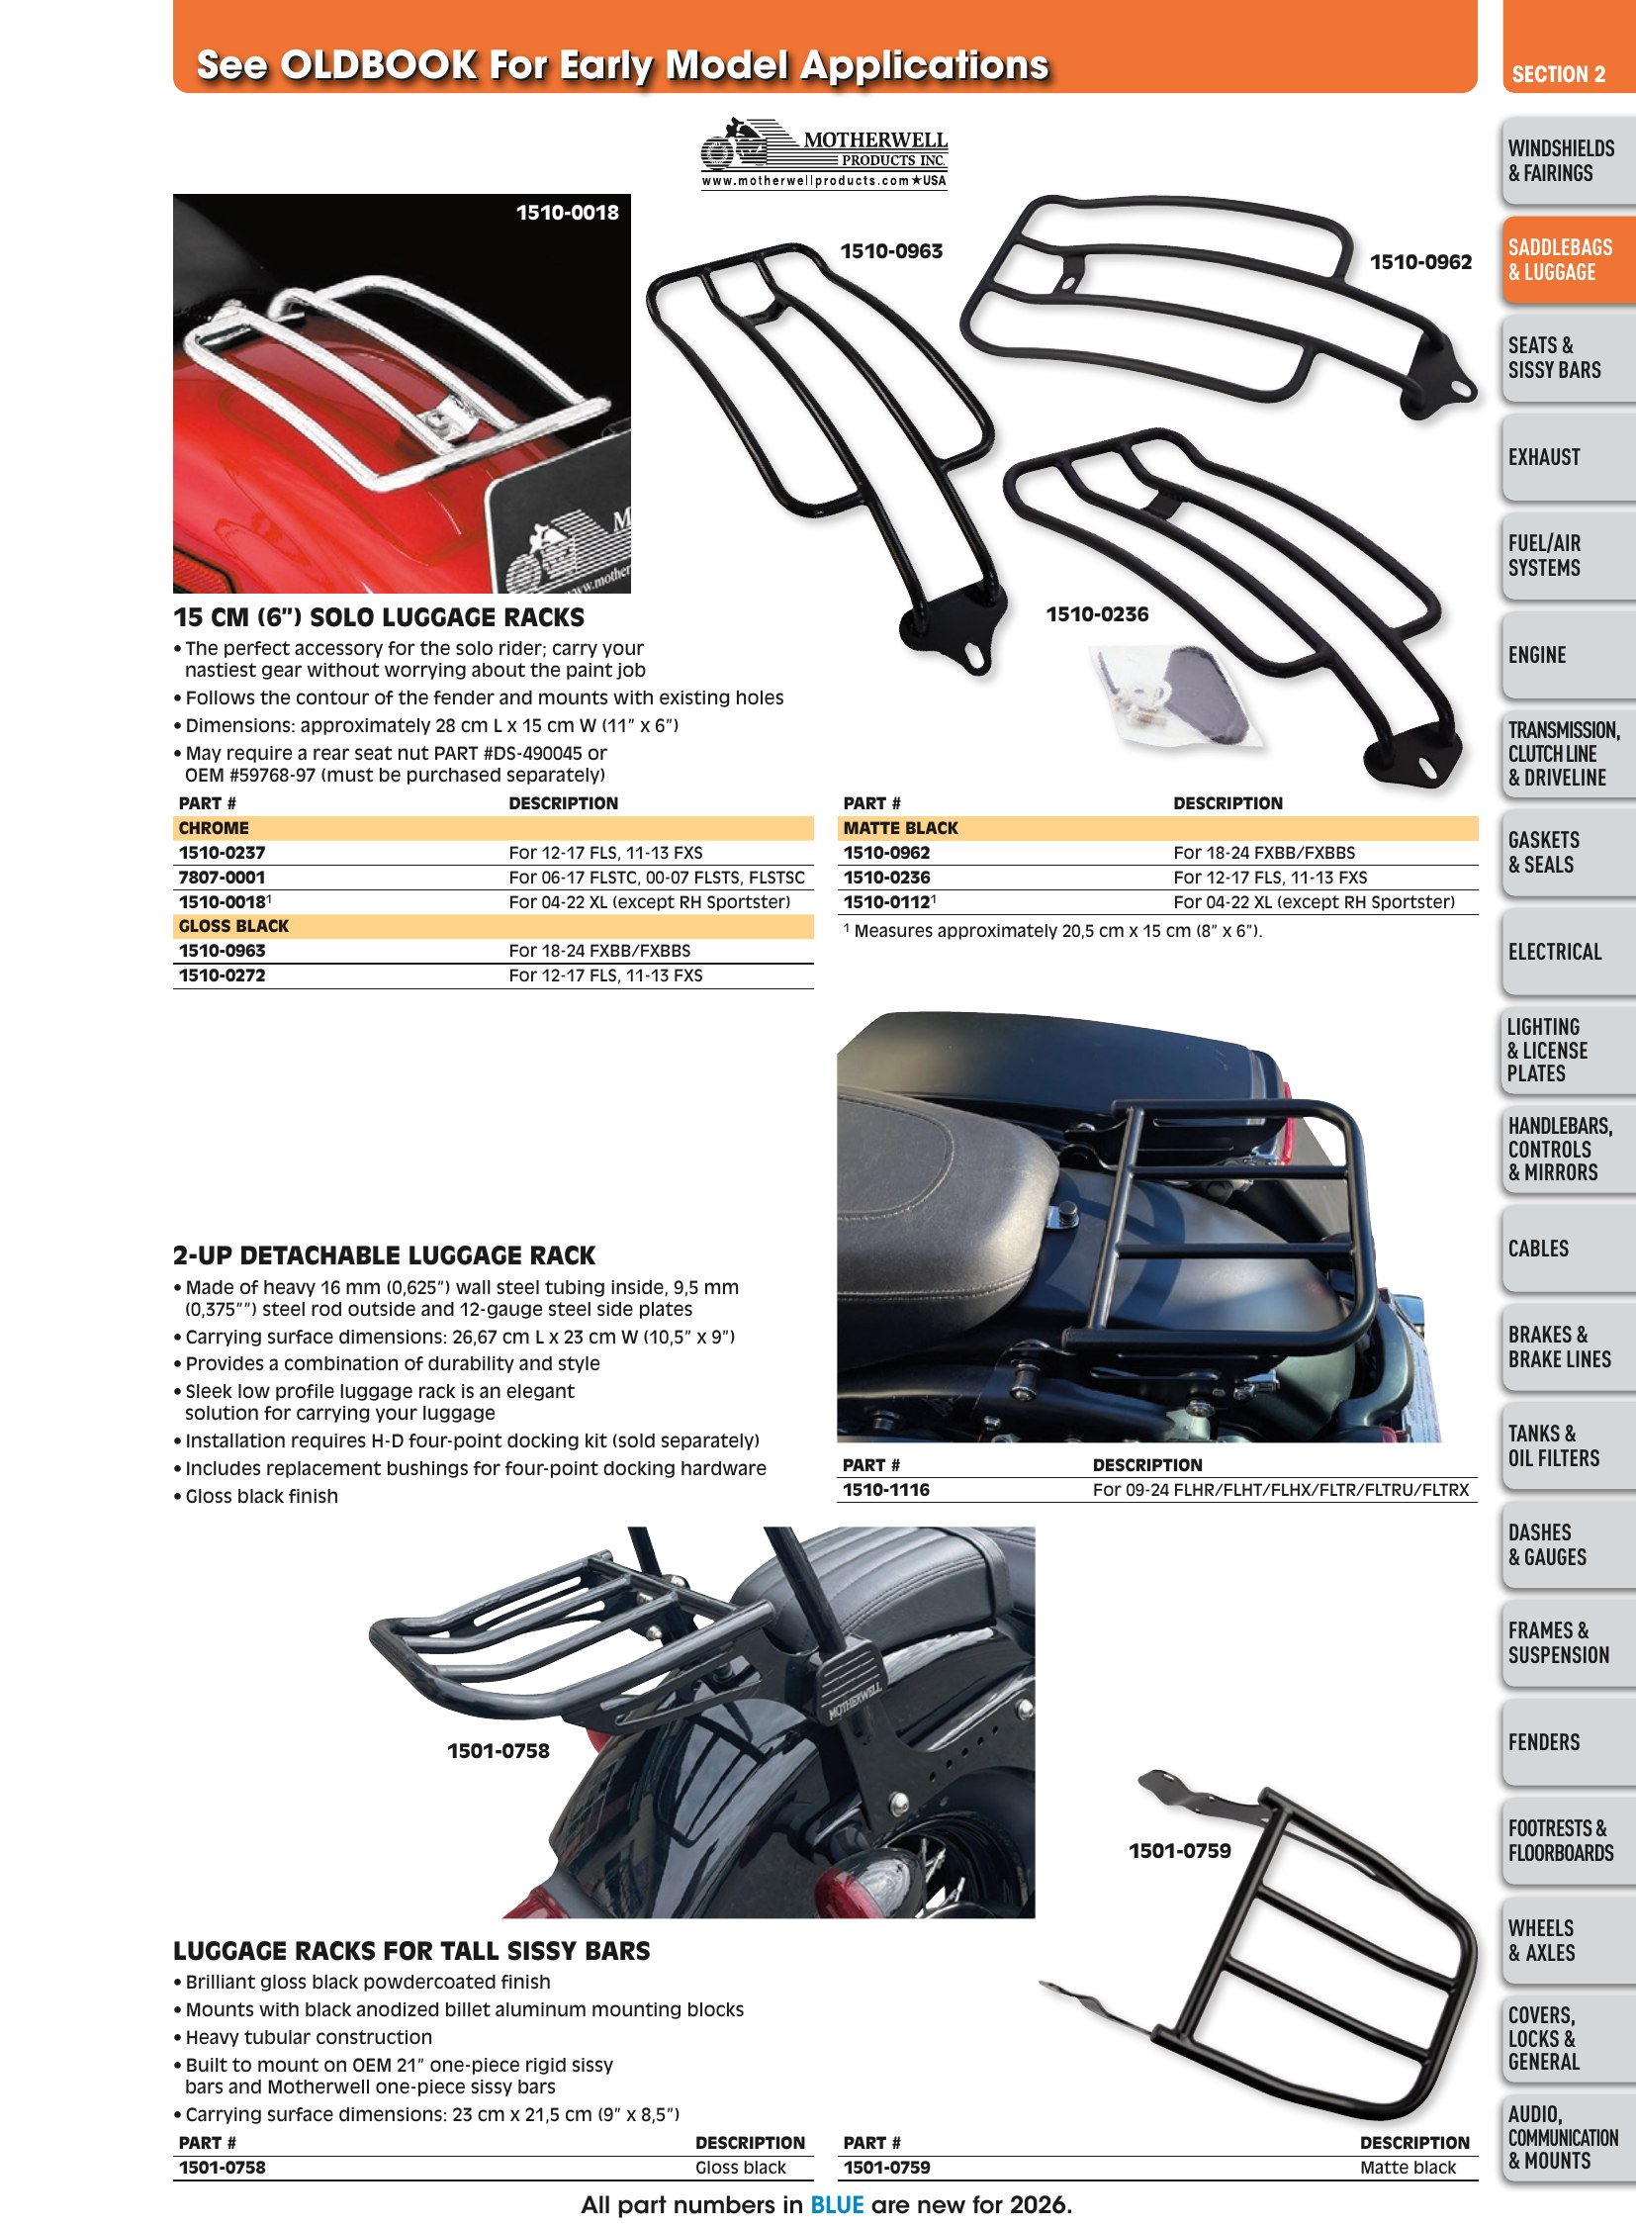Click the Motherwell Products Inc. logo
tap(824, 153)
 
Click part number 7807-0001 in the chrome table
tap(222, 877)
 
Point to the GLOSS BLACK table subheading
tap(233, 926)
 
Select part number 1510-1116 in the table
tap(886, 1489)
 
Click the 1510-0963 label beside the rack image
tap(891, 251)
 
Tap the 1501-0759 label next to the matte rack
tap(1179, 1850)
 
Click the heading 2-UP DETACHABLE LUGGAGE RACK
tap(384, 1255)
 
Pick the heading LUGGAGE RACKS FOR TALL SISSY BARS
tap(412, 1951)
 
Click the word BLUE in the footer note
tap(837, 2204)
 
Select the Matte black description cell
tap(1408, 2167)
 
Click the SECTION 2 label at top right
tap(1559, 74)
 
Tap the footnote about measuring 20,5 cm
tap(1052, 930)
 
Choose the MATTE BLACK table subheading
tap(901, 828)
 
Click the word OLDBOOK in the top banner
tap(379, 64)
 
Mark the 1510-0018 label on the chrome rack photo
tap(568, 212)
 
